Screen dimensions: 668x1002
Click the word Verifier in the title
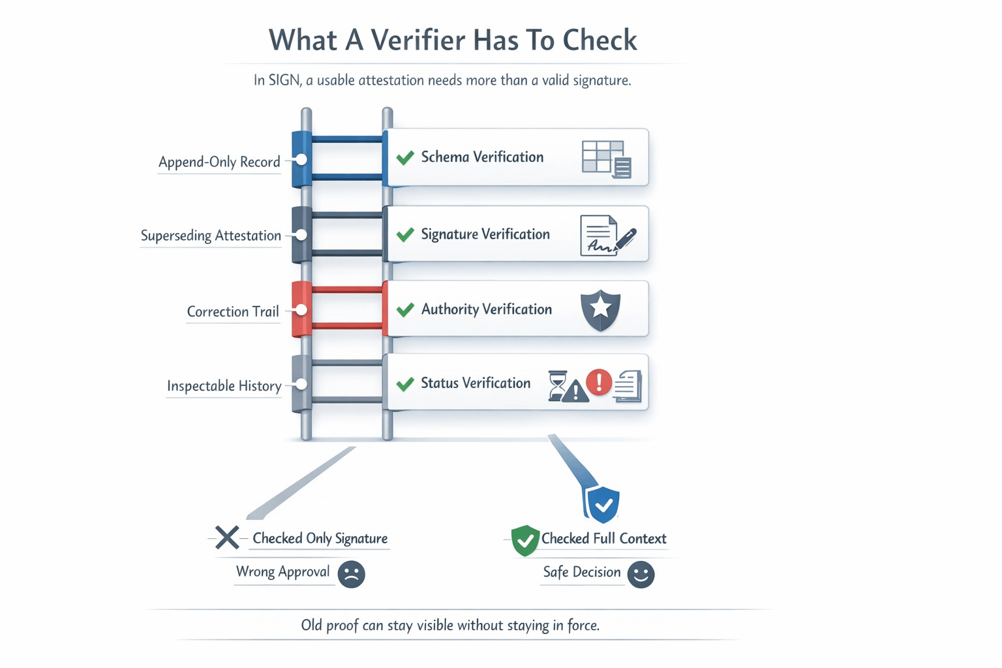[x=418, y=40]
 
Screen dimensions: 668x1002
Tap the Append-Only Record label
[x=219, y=162]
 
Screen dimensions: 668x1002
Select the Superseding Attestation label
[x=211, y=235]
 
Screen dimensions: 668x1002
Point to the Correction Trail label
[x=233, y=312]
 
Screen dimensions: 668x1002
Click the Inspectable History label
[x=224, y=386]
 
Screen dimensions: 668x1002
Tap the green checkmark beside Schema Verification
[x=405, y=157]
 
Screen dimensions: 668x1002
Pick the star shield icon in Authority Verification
[x=600, y=309]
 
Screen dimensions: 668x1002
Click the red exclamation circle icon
[x=599, y=382]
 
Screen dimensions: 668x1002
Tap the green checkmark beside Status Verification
[x=405, y=384]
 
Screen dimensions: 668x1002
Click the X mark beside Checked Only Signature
[x=227, y=538]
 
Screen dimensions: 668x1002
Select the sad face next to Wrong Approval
[x=351, y=574]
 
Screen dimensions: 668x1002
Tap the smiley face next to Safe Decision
[x=641, y=574]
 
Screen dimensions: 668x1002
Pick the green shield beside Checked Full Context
[x=524, y=540]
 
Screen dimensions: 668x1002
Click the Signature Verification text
[x=485, y=234]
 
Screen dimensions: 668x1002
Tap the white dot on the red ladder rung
[x=301, y=309]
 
